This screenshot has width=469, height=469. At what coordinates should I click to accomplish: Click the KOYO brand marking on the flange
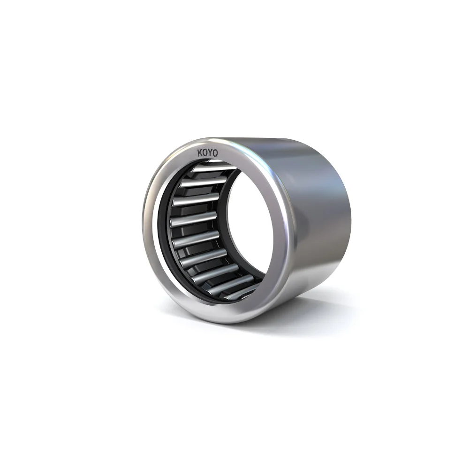[211, 153]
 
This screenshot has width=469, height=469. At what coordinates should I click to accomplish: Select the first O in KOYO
[207, 153]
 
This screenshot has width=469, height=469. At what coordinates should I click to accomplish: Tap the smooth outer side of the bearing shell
[319, 211]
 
